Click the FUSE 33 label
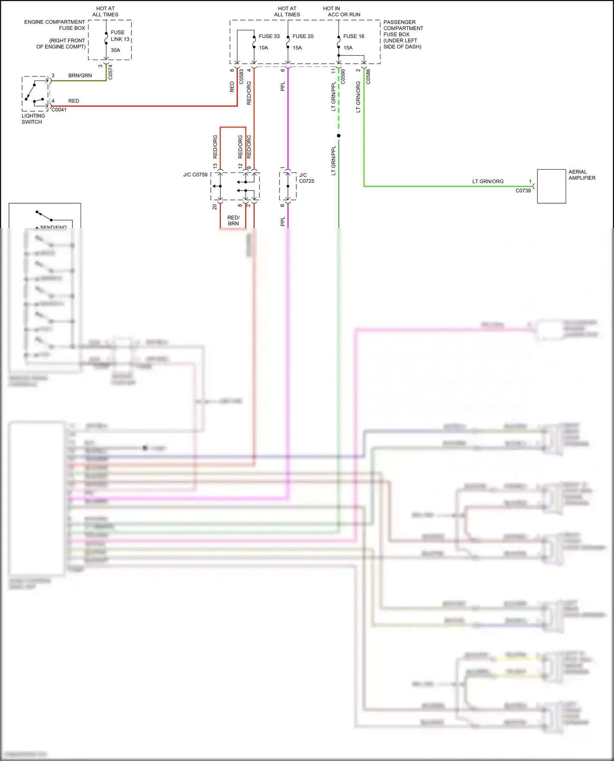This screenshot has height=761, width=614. [x=269, y=36]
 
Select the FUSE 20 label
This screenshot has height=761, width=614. [x=303, y=36]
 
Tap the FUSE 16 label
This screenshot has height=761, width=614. [x=354, y=36]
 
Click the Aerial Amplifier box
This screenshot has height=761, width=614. [x=551, y=186]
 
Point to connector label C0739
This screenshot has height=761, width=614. [x=523, y=191]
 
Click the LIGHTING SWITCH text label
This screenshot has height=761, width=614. [x=33, y=119]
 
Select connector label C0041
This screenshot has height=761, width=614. [x=59, y=110]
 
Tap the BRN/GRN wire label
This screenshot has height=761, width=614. [x=80, y=76]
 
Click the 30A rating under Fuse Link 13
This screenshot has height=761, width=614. [x=115, y=50]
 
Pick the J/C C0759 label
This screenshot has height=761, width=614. [x=195, y=175]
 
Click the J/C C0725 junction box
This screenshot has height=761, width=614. [x=288, y=186]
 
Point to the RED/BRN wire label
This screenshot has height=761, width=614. [x=233, y=220]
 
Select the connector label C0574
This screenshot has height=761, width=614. [x=110, y=72]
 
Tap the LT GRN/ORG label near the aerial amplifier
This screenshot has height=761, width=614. [x=488, y=182]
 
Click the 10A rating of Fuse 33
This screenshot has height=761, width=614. [x=263, y=48]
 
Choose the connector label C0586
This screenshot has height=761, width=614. [x=368, y=76]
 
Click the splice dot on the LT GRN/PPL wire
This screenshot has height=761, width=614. [x=339, y=135]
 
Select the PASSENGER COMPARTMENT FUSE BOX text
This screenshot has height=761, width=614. [x=403, y=34]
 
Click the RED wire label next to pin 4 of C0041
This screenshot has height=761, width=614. [x=74, y=101]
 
